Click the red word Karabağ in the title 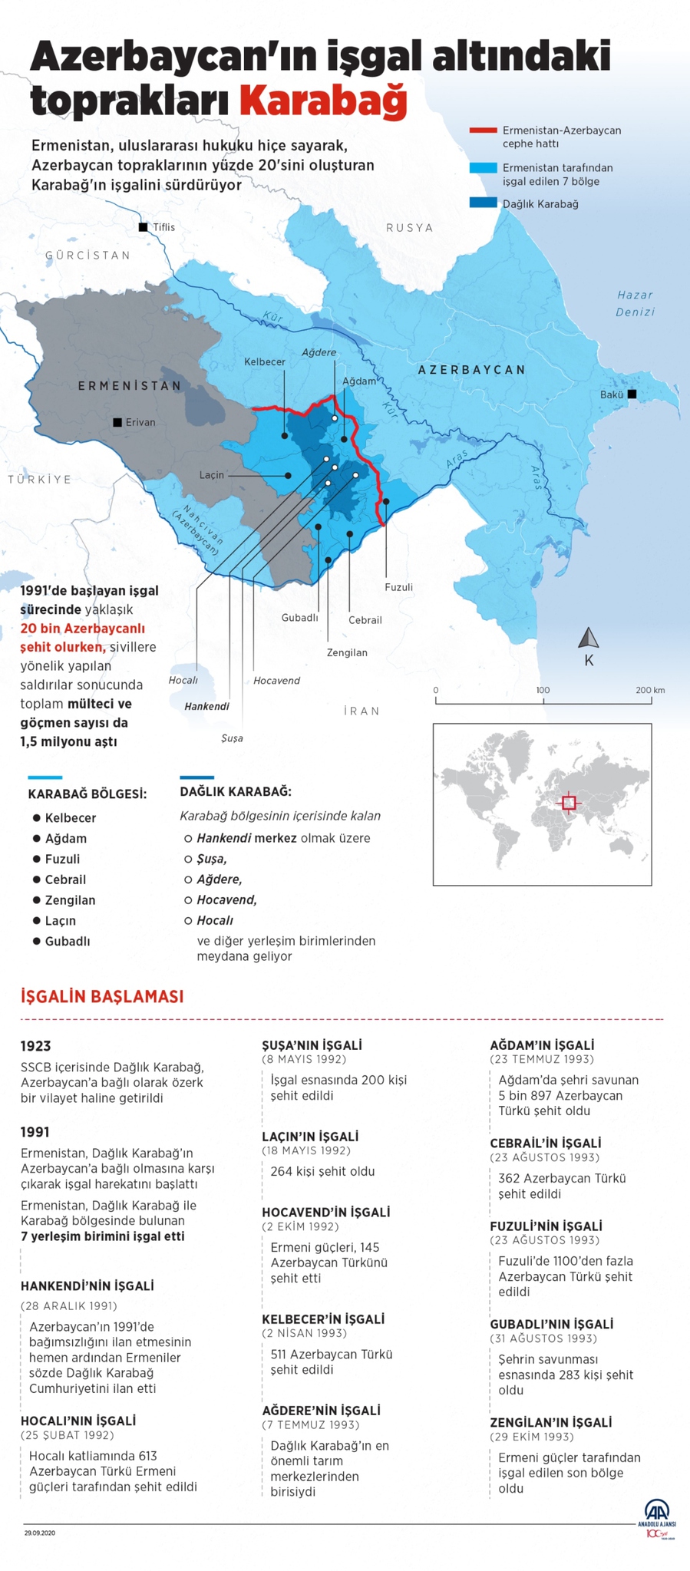(x=323, y=101)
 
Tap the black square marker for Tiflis (x=143, y=227)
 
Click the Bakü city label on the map (x=611, y=394)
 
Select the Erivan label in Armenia (x=140, y=422)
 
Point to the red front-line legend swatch (x=483, y=130)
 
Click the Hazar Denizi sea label (x=635, y=303)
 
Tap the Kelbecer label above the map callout (x=265, y=361)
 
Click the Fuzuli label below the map (x=398, y=587)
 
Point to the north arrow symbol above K (x=589, y=637)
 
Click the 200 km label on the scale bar (x=650, y=690)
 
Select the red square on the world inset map (x=568, y=803)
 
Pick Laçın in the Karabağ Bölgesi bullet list (x=60, y=921)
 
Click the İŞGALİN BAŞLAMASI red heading (x=102, y=997)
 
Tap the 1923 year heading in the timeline (x=35, y=1046)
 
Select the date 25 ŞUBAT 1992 (x=68, y=1435)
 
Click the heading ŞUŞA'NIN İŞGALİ (x=312, y=1045)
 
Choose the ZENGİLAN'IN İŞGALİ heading (x=550, y=1422)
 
